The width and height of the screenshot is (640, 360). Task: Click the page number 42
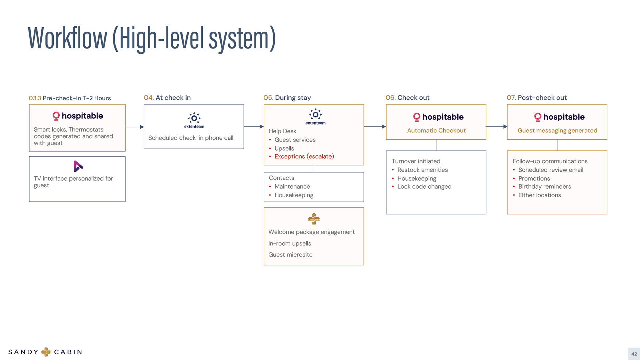[x=634, y=354]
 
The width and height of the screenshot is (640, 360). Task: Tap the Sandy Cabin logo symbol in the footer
[x=46, y=352]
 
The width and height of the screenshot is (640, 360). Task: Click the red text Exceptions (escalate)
[x=304, y=156]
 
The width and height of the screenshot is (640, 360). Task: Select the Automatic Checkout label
[x=436, y=130]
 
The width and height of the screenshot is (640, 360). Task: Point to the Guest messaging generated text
[x=557, y=130]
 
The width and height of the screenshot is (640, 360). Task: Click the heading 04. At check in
[x=167, y=98]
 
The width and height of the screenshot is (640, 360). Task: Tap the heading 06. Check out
[x=407, y=98]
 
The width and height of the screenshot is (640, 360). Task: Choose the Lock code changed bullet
[x=424, y=187]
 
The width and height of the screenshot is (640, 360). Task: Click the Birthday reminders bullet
[x=544, y=187]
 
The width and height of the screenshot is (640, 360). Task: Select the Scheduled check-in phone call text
[x=191, y=138]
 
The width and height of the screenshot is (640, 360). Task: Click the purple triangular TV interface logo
[x=78, y=166]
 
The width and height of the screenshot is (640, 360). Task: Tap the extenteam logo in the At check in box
[x=194, y=120]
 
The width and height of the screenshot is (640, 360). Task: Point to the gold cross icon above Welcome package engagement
[x=314, y=219]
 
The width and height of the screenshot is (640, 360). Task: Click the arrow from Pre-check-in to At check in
[x=134, y=127]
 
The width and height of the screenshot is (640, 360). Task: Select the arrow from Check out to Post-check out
[x=496, y=127]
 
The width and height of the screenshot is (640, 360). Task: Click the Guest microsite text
[x=290, y=255]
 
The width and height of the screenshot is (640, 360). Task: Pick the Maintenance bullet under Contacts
[x=292, y=187]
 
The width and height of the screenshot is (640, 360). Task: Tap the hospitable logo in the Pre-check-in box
[x=78, y=116]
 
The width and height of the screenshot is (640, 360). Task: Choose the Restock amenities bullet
[x=422, y=170]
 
